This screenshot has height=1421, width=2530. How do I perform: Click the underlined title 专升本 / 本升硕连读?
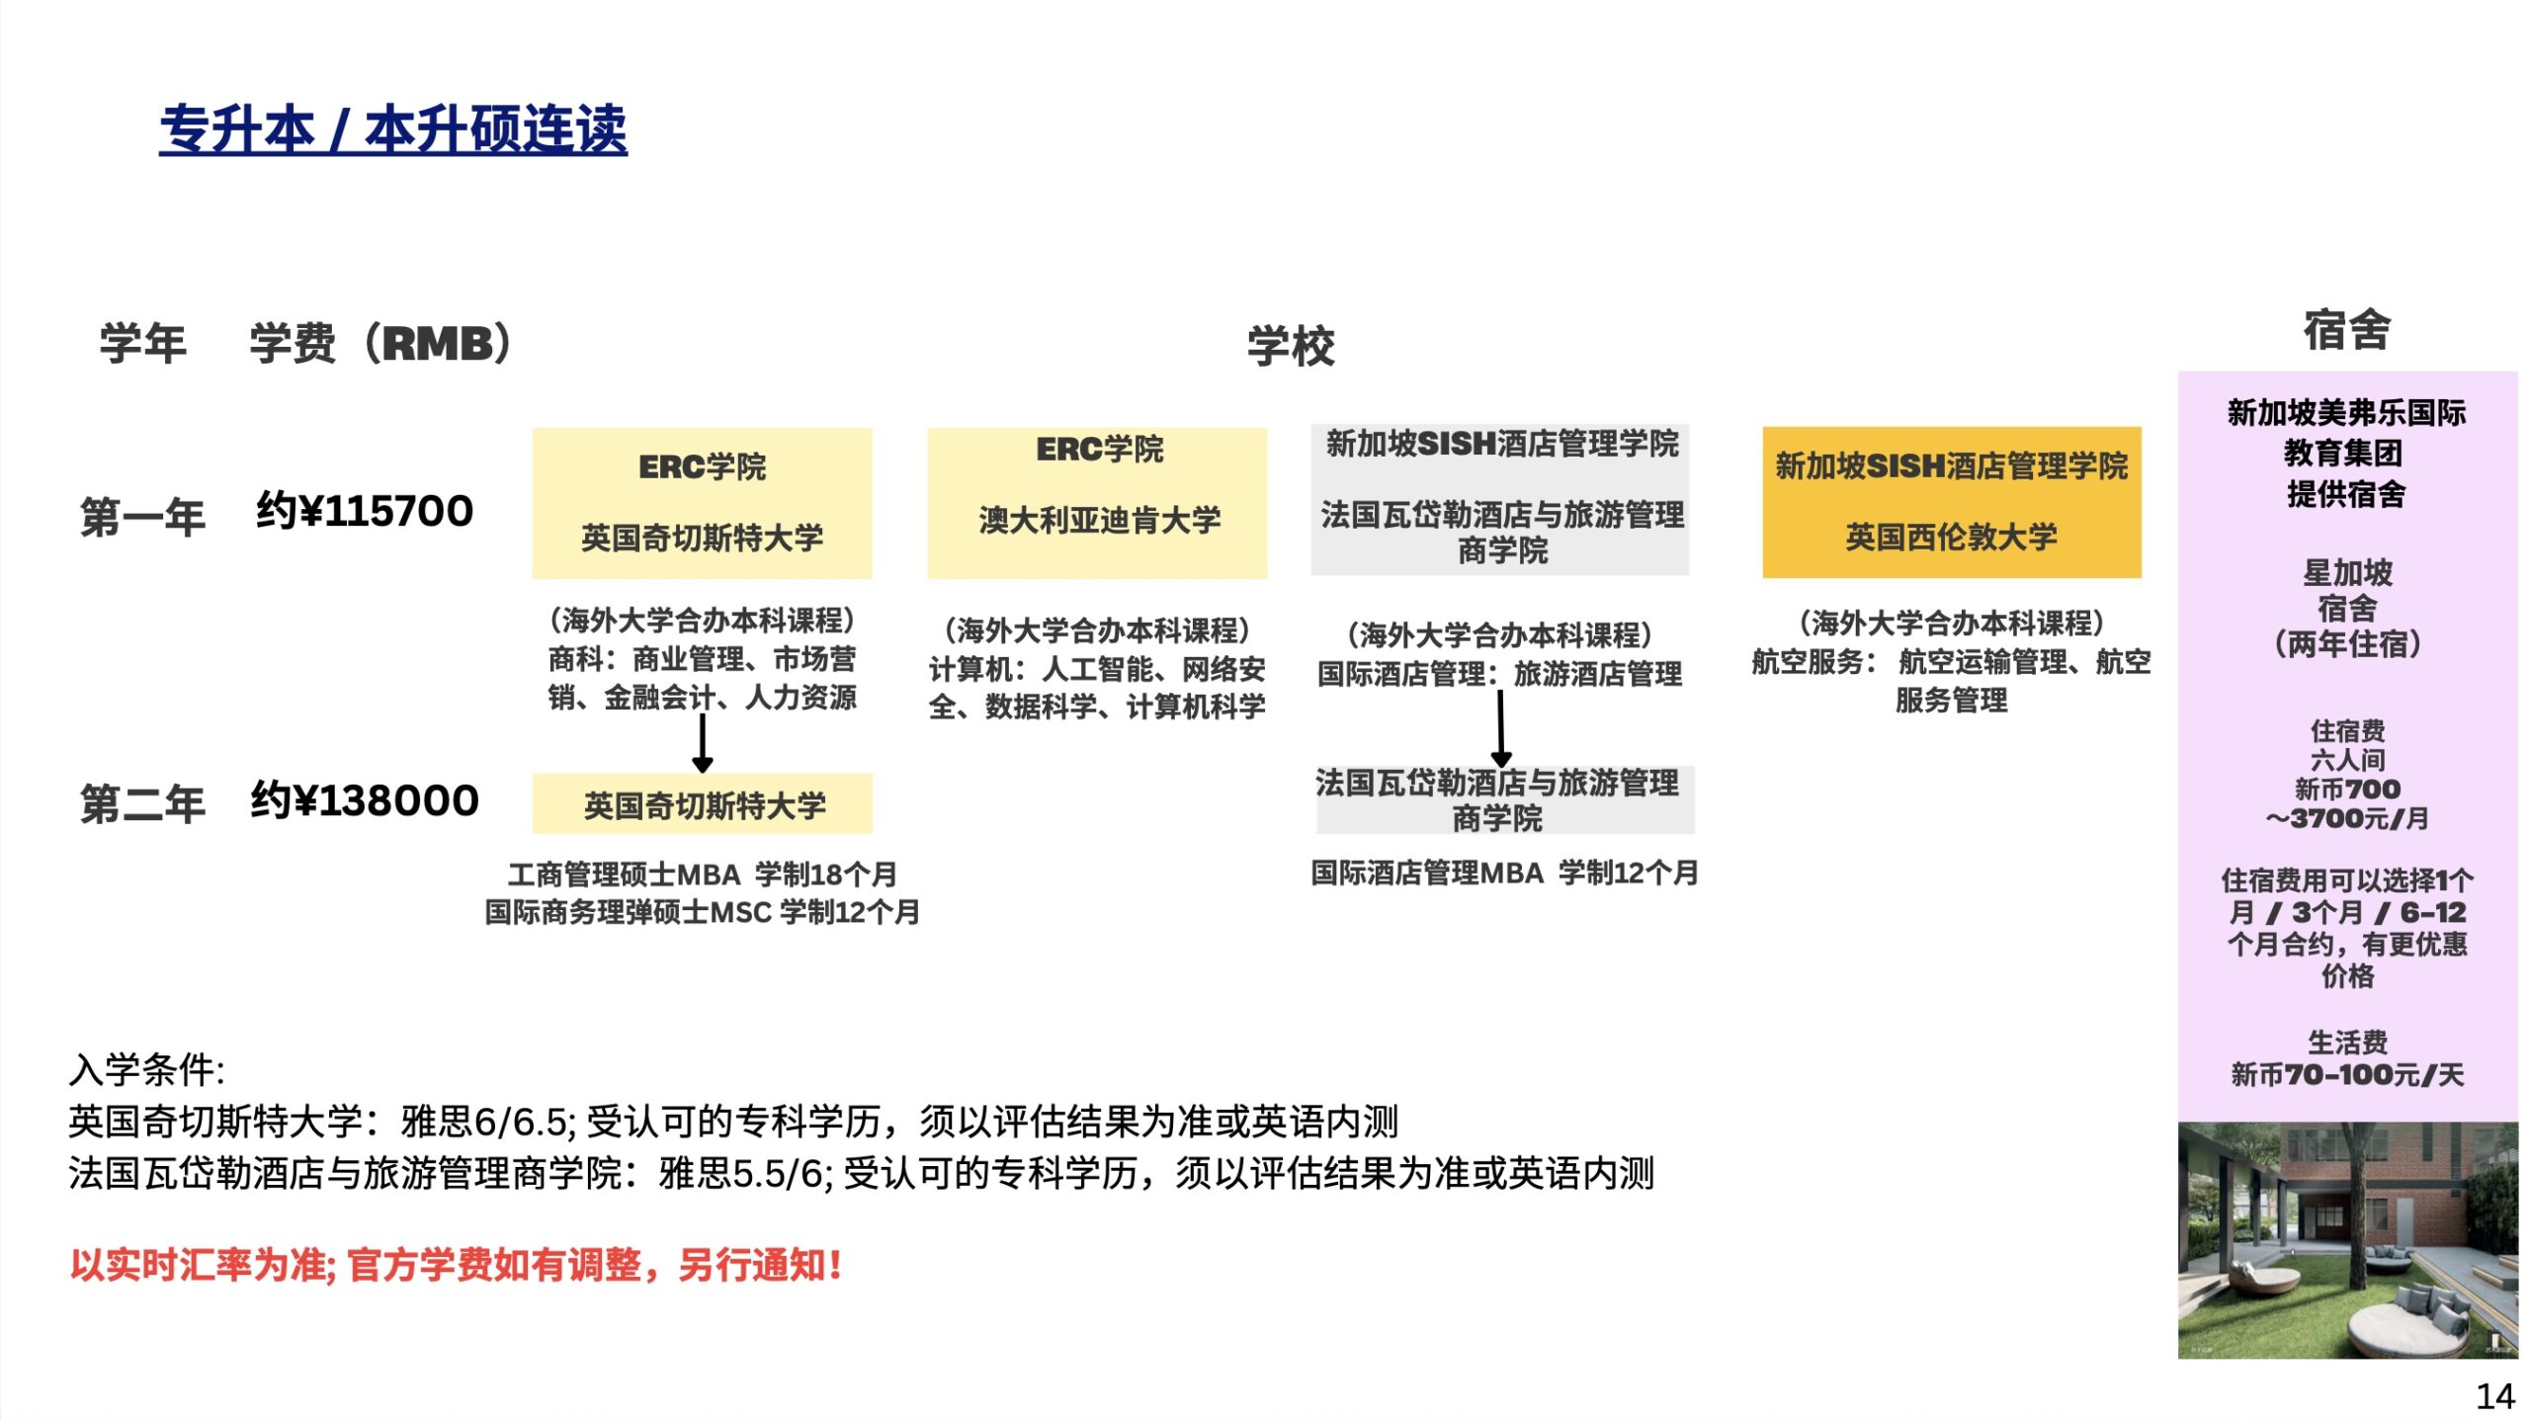(x=393, y=129)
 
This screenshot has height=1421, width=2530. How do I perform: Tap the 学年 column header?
(x=143, y=344)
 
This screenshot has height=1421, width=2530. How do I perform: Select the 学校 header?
(x=1291, y=346)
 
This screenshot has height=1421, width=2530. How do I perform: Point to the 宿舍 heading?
(x=2347, y=330)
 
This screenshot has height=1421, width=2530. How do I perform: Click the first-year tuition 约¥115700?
(x=365, y=511)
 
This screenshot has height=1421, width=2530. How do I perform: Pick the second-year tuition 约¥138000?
(x=365, y=800)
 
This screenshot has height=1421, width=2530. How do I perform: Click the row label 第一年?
(x=143, y=517)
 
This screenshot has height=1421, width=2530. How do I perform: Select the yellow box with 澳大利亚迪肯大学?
(x=1097, y=503)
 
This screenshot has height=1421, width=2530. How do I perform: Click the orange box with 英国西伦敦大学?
(x=1952, y=502)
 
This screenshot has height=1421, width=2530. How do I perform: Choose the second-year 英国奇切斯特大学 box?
(x=703, y=804)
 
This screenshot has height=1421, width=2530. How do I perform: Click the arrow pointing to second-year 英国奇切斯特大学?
(x=703, y=743)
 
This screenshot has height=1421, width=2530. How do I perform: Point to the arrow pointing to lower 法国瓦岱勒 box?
(x=1500, y=728)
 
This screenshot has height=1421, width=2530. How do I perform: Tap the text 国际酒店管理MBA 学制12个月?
(x=1504, y=873)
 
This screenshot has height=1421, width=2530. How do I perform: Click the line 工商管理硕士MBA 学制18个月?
(x=703, y=875)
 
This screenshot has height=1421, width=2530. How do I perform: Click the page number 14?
(x=2495, y=1396)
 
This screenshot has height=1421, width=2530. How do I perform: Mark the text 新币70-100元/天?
(x=2347, y=1074)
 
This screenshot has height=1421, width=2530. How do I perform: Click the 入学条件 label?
(x=147, y=1069)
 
